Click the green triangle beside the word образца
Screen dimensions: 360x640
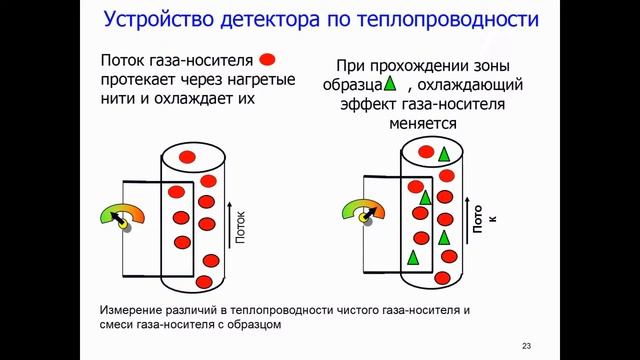391,83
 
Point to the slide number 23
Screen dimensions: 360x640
527,345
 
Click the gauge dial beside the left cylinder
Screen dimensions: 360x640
122,217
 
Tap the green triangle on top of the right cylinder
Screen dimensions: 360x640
444,153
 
